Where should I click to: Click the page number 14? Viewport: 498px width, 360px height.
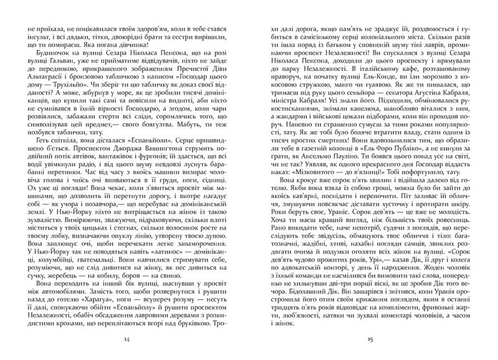point(129,339)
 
